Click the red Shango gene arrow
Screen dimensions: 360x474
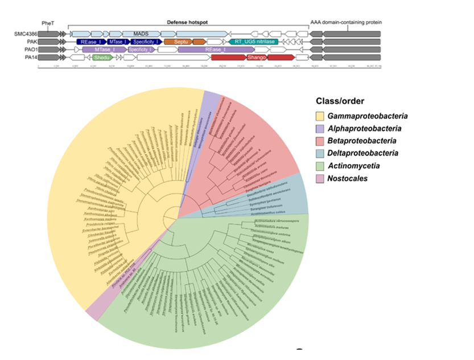coord(253,58)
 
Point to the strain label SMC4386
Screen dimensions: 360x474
coord(25,34)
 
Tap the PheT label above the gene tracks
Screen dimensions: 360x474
coord(48,22)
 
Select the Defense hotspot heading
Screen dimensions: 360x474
coord(187,22)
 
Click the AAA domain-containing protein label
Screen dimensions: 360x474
coord(346,22)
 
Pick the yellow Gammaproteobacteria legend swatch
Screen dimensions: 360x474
coord(322,116)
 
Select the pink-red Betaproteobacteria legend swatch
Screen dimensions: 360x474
coord(322,141)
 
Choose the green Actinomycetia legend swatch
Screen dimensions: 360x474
coord(322,166)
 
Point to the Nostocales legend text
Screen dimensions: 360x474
coord(353,178)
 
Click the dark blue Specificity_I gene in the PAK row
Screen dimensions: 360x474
coord(146,42)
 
